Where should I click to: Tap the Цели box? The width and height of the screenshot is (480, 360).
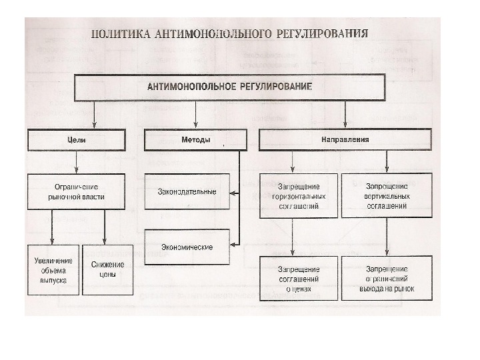tap(77, 140)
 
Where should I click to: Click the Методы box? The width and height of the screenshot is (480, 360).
tap(195, 140)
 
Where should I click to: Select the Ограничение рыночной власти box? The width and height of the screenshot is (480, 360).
tap(77, 192)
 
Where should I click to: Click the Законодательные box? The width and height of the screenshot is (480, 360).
tap(187, 192)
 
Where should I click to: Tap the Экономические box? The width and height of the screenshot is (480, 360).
tap(187, 247)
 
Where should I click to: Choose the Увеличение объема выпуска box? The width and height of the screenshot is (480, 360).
tap(54, 270)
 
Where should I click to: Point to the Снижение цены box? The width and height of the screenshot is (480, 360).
tap(107, 270)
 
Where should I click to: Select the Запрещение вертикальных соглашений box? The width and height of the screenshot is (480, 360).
tap(387, 196)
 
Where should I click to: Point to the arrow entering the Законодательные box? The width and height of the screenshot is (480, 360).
tap(234, 193)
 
